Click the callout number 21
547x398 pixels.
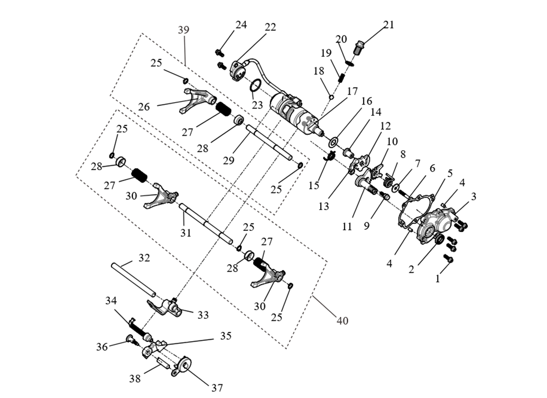[388, 25]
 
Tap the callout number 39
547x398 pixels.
[183, 30]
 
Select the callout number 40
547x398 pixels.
[342, 320]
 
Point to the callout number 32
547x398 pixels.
[144, 258]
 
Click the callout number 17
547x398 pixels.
[352, 91]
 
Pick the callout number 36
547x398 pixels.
[102, 347]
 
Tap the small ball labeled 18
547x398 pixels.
[331, 97]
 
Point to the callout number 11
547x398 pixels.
[347, 226]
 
